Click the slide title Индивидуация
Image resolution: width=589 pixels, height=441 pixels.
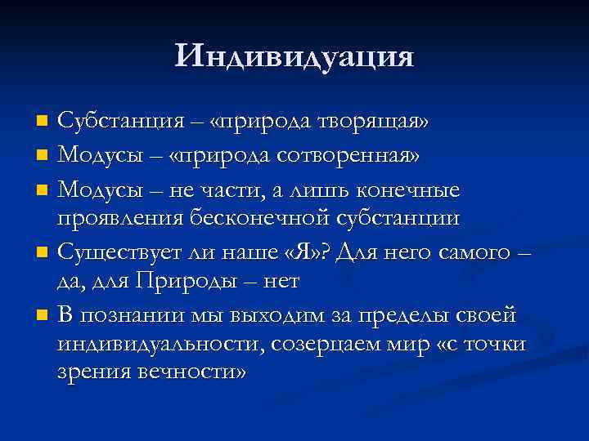click(294, 56)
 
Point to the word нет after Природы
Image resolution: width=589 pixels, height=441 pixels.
click(281, 282)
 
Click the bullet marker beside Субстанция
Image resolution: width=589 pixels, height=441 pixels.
click(44, 122)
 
